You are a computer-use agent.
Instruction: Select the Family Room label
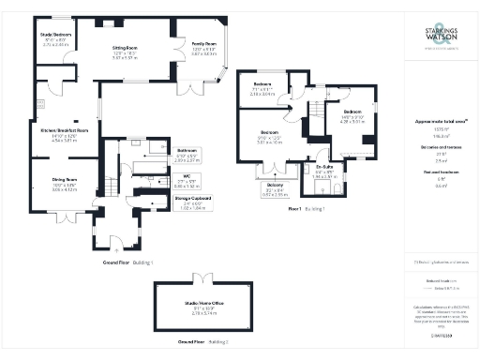[205, 44]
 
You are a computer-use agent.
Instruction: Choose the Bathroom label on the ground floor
[187, 150]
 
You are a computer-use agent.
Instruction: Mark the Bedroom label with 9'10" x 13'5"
[270, 132]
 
